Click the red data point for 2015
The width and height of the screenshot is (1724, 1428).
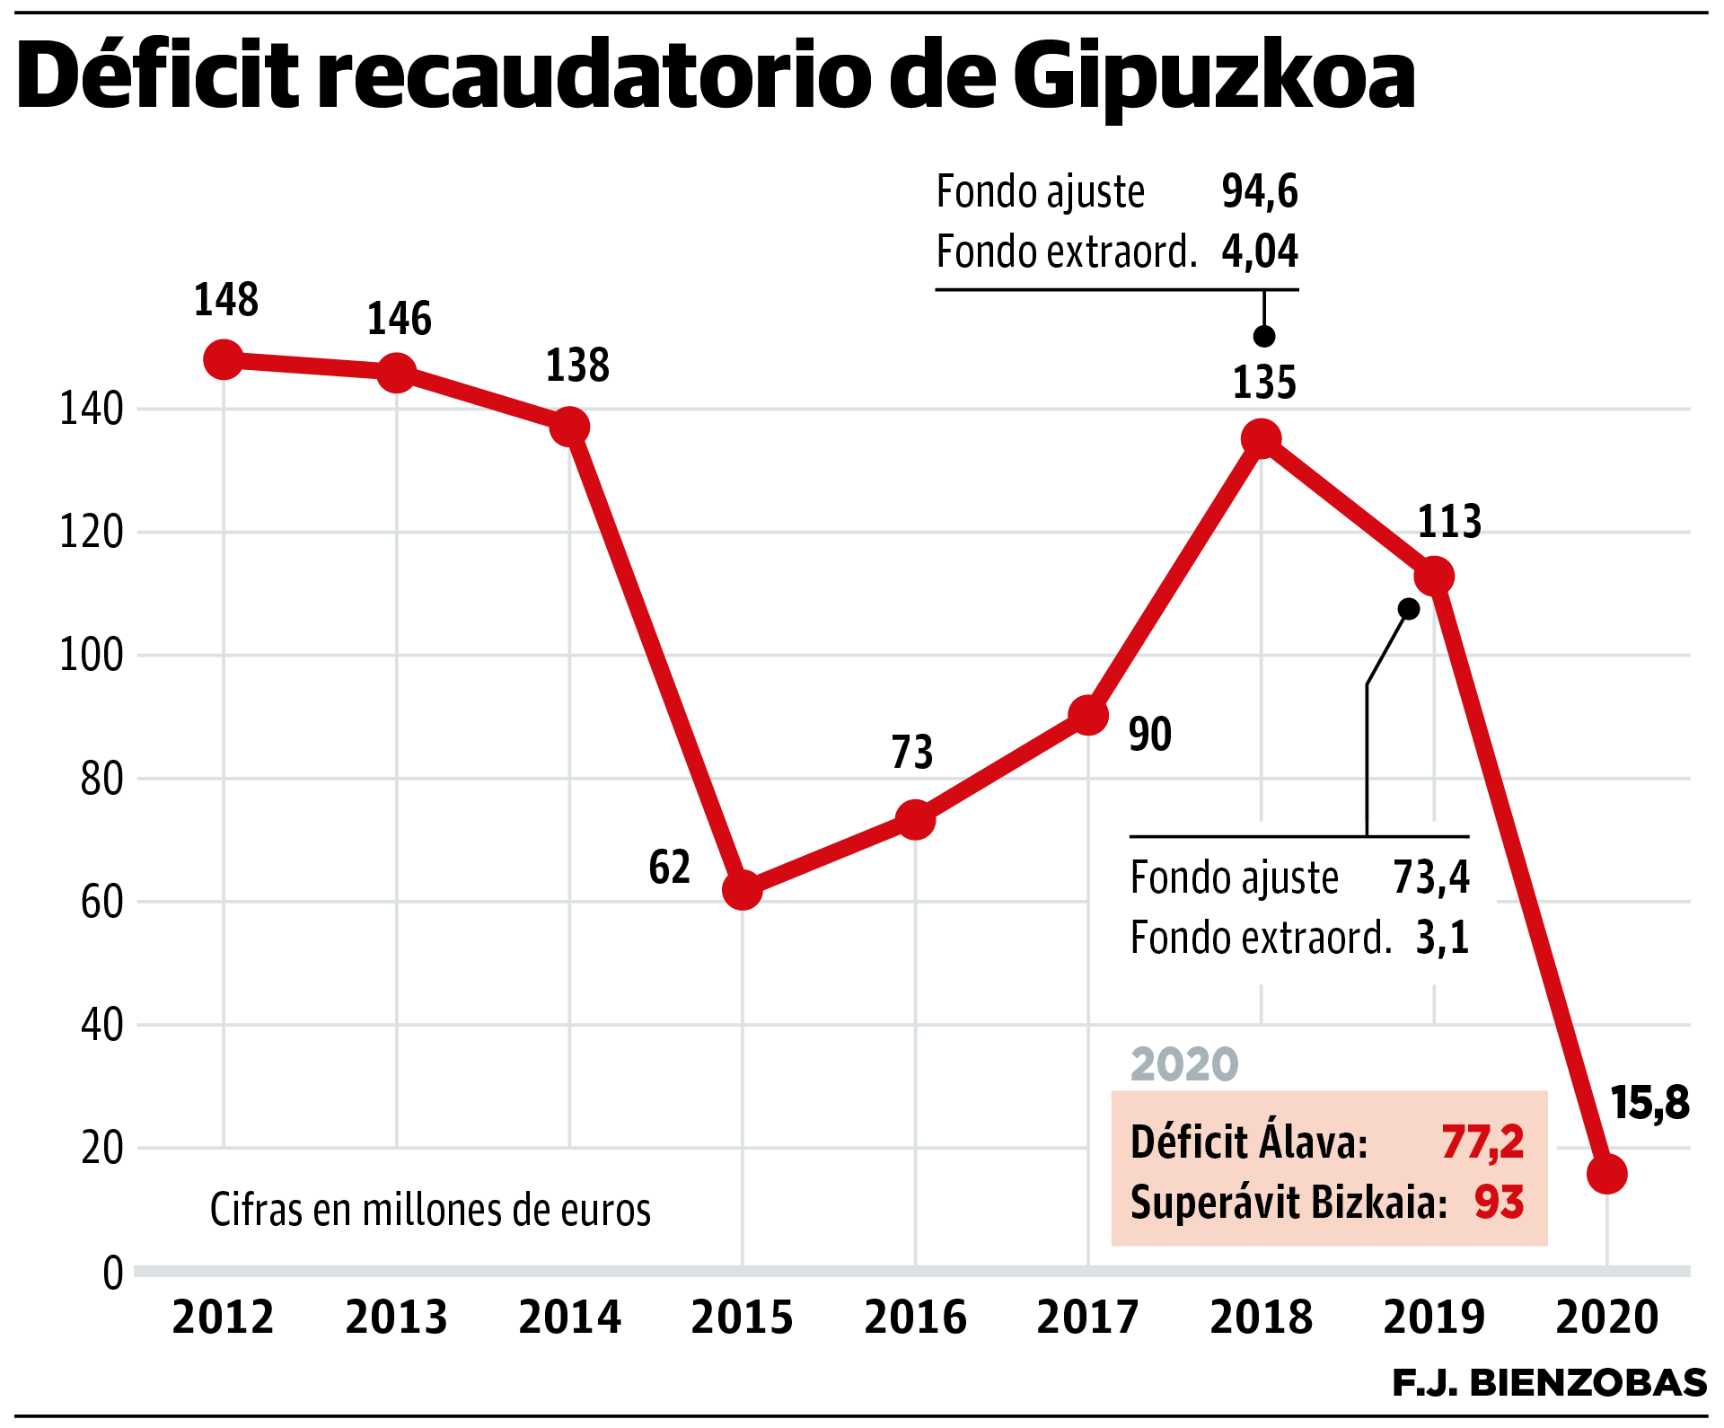pos(742,889)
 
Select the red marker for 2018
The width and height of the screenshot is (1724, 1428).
pos(1261,438)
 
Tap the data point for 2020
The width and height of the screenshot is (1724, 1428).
pos(1606,1174)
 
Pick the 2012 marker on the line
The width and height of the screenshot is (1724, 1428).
pos(224,359)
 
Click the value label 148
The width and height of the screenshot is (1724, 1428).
pos(226,300)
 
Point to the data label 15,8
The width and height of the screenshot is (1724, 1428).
pos(1649,1103)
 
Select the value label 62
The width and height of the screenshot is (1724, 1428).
pos(669,868)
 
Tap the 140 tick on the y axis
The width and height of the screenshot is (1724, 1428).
pos(91,410)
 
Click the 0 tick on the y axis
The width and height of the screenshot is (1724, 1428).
pos(113,1273)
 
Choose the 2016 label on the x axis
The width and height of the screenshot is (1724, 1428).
pos(915,1318)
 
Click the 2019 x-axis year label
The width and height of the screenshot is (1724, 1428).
pos(1434,1318)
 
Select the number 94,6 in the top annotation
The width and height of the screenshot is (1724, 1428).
pos(1259,191)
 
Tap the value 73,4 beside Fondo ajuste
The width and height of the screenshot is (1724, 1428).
pos(1431,877)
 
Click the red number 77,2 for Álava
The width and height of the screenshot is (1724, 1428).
pos(1482,1142)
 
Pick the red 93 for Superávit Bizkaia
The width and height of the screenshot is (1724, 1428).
pos(1499,1203)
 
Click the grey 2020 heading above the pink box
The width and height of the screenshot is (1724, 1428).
pos(1184,1064)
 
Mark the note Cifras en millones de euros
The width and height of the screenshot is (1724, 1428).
pos(430,1210)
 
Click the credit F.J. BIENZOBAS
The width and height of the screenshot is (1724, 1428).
pos(1549,1383)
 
